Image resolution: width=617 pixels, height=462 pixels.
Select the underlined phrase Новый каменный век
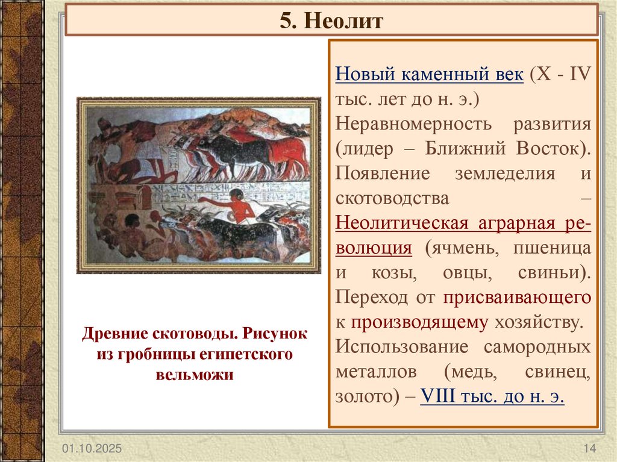(429, 76)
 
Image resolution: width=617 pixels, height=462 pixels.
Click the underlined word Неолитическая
(401, 223)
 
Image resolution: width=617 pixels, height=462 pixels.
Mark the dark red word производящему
(419, 322)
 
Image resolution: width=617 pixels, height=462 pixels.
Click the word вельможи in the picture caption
(195, 375)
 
